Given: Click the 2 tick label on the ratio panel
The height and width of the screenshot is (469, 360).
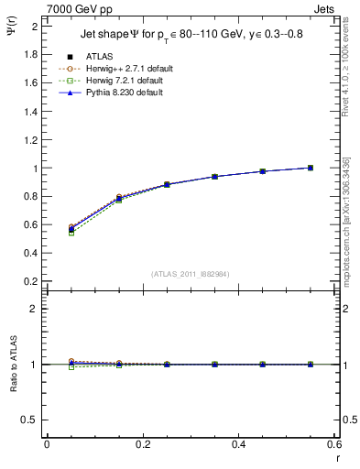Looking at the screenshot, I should [x=35, y=309].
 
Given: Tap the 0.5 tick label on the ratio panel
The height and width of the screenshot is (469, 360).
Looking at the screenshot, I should [x=31, y=420].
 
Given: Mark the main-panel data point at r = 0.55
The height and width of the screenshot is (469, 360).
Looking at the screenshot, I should [x=311, y=168].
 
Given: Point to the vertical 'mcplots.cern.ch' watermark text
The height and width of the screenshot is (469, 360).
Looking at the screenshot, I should [x=345, y=229].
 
